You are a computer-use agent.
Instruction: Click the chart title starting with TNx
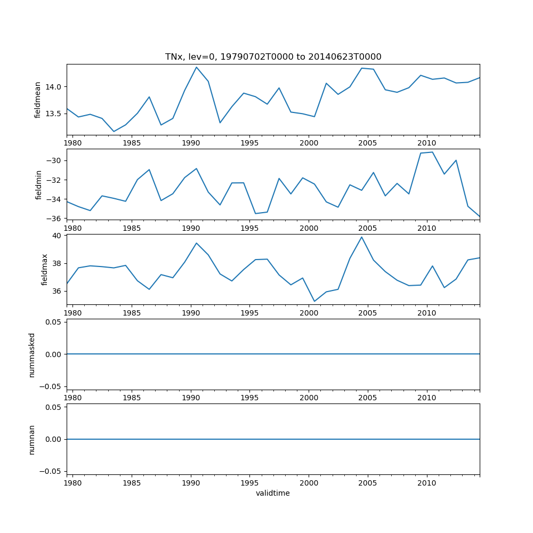pyautogui.click(x=273, y=57)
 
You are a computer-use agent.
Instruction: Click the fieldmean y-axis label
pyautogui.click(x=37, y=100)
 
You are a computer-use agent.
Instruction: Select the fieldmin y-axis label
pyautogui.click(x=38, y=184)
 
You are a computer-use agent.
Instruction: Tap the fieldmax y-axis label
pyautogui.click(x=45, y=269)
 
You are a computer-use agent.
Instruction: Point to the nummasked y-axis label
pyautogui.click(x=31, y=355)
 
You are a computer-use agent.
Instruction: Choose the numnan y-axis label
pyautogui.click(x=31, y=440)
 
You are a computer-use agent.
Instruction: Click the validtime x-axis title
pyautogui.click(x=273, y=494)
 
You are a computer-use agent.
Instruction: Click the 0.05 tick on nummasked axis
pyautogui.click(x=52, y=322)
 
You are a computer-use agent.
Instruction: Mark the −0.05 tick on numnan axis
pyautogui.click(x=51, y=471)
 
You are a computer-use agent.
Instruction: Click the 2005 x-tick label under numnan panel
pyautogui.click(x=368, y=483)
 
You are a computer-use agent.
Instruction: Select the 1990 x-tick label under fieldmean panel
pyautogui.click(x=191, y=143)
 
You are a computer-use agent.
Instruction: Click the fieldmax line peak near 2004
pyautogui.click(x=361, y=237)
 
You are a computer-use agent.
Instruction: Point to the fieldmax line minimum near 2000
pyautogui.click(x=314, y=301)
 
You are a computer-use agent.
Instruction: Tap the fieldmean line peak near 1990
pyautogui.click(x=196, y=67)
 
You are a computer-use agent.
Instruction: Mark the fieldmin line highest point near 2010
pyautogui.click(x=432, y=152)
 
